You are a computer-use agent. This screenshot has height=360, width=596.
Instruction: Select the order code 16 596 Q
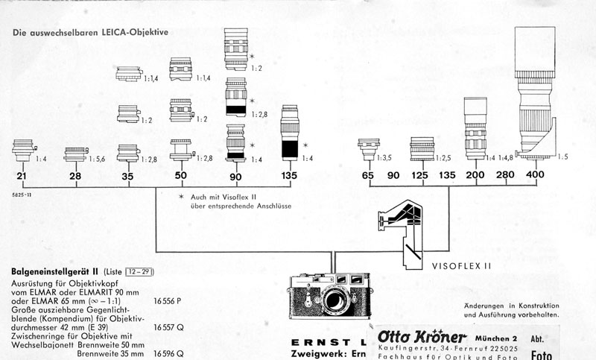point(170,355)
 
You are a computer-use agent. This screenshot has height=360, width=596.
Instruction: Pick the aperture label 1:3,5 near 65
point(384,158)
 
